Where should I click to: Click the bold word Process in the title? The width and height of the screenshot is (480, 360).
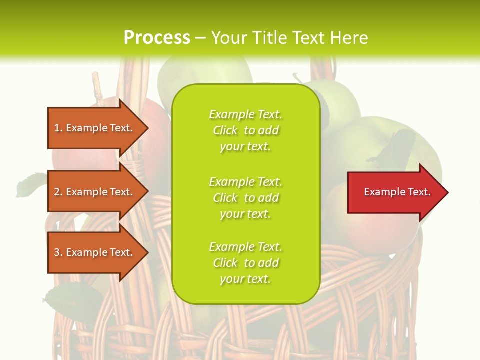click(x=157, y=38)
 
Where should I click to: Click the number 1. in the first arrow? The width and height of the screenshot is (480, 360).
click(x=58, y=128)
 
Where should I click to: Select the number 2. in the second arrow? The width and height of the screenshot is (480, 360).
click(x=58, y=192)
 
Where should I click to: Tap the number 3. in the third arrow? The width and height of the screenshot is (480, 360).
click(x=58, y=252)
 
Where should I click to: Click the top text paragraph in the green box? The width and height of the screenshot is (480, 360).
click(x=245, y=130)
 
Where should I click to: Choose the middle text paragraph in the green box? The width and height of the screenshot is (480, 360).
click(x=245, y=198)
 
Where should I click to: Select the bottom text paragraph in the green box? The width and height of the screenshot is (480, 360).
click(x=245, y=263)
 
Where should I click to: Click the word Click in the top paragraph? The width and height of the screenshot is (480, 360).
click(x=225, y=130)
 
